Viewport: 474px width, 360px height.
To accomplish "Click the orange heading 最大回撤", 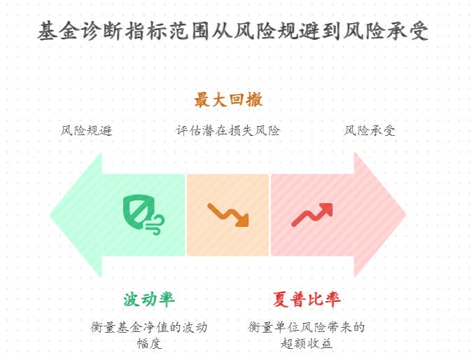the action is [x=228, y=100].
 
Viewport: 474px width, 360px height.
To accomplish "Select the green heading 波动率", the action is [x=148, y=300].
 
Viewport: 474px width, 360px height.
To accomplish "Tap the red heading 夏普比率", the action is [x=307, y=300].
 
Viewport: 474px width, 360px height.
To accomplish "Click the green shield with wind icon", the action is [x=143, y=214].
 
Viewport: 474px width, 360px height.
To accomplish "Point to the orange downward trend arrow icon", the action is [x=228, y=214].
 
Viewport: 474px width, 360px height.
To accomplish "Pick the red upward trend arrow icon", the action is [x=312, y=214].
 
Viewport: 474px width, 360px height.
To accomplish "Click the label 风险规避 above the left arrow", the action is [x=86, y=131].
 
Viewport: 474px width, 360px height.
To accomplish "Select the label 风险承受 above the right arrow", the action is [x=370, y=131].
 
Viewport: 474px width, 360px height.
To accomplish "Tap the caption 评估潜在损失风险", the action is [x=228, y=131].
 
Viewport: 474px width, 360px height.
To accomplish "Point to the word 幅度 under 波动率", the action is [x=149, y=343].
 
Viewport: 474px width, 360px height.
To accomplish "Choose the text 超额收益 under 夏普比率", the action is [x=306, y=343].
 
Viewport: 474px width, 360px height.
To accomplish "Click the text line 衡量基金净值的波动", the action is [x=149, y=327].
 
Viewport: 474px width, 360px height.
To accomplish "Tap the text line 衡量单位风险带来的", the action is [x=306, y=327].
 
